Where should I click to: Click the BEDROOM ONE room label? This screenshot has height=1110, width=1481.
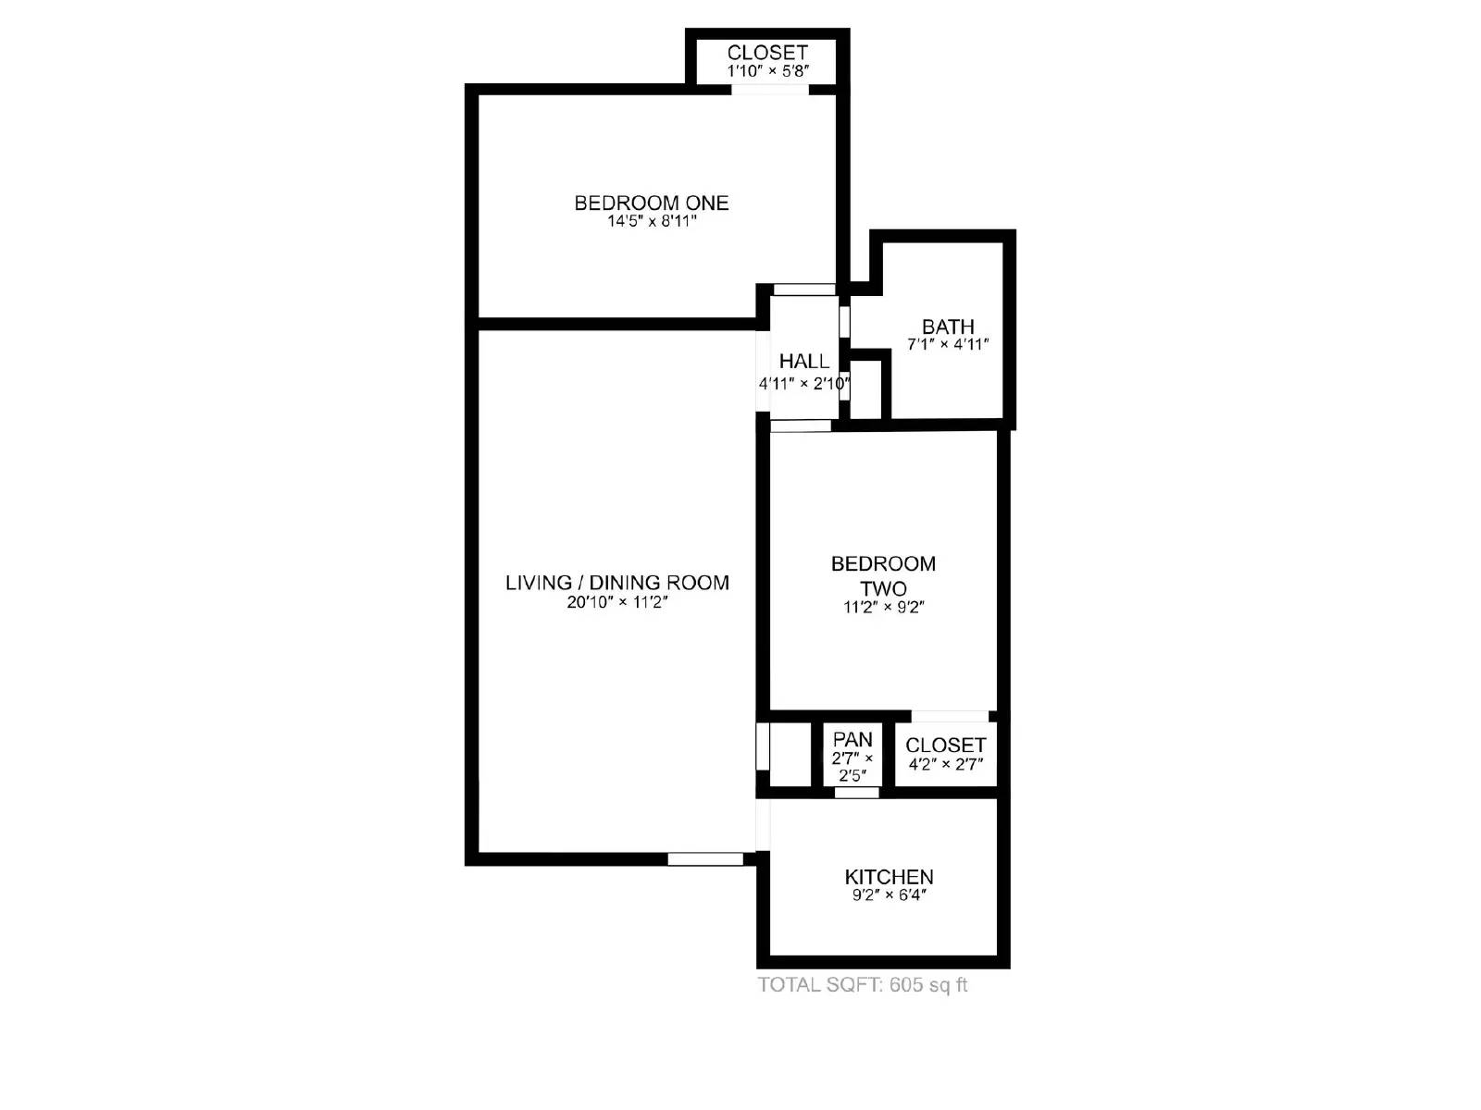[x=651, y=203]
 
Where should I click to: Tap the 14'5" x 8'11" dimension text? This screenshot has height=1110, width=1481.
[x=651, y=222]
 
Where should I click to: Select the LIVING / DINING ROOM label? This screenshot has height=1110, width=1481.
[x=616, y=583]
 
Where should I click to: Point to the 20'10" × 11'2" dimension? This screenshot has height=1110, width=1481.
[x=616, y=602]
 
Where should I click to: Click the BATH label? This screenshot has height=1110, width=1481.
[x=948, y=327]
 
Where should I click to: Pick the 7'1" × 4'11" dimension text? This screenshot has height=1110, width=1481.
[x=948, y=345]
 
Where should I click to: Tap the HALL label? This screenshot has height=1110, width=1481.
[x=803, y=362]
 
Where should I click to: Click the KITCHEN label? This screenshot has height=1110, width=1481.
[x=889, y=877]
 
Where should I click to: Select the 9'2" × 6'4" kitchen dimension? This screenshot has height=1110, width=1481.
[x=889, y=895]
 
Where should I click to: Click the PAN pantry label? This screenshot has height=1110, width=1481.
[x=852, y=740]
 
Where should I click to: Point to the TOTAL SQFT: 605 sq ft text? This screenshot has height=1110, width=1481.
[x=863, y=985]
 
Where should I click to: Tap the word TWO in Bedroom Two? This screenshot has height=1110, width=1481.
[x=883, y=588]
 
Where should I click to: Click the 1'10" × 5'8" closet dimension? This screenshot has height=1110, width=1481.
[x=767, y=71]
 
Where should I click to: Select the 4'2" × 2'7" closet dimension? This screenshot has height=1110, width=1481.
[x=945, y=764]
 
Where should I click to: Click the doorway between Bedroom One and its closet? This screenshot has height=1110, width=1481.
[x=770, y=90]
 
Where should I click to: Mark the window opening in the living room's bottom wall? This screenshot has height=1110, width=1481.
[x=705, y=859]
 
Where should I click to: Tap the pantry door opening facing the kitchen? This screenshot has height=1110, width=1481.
[x=856, y=793]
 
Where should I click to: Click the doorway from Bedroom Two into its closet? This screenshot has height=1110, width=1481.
[x=950, y=716]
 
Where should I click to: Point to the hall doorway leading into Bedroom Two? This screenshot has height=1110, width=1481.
[x=801, y=426]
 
